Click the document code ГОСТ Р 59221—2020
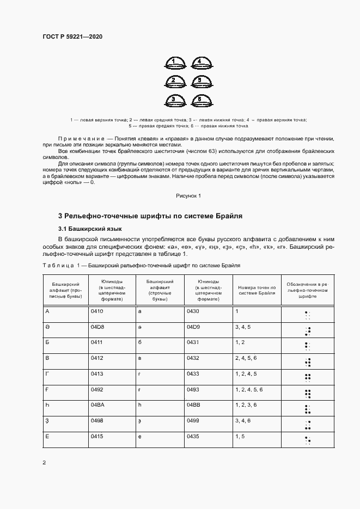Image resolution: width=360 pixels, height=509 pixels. tap(72, 37)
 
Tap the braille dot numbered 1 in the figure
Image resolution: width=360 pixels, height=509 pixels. tap(173, 63)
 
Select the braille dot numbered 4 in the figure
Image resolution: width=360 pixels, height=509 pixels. tap(200, 63)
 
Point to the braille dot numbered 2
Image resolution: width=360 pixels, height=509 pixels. tap(173, 82)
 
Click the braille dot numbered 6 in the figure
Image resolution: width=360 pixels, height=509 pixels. tap(200, 101)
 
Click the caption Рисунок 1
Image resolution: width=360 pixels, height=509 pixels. tap(188, 195)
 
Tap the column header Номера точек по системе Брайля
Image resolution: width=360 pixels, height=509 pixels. tap(255, 290)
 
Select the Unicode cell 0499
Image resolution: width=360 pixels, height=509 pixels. tap(193, 421)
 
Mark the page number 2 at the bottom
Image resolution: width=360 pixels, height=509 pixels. tap(44, 463)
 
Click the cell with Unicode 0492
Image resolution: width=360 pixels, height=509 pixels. tap(97, 390)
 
